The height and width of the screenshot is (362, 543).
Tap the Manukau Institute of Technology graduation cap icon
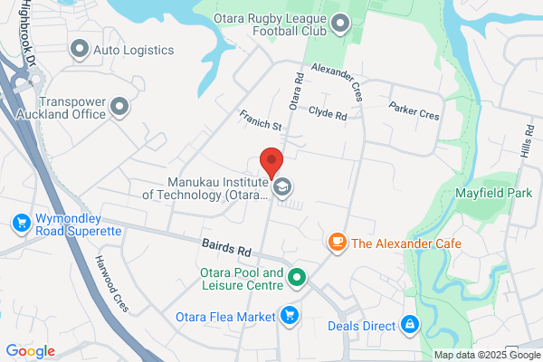283,187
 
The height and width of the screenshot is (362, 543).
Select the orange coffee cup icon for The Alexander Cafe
337,243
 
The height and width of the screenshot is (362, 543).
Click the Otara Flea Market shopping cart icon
290,316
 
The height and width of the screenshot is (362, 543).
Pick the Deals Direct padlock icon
410,323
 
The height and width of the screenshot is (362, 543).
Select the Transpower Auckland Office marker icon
119,110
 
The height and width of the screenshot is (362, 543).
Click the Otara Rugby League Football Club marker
340,24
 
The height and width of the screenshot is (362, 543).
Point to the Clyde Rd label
328,115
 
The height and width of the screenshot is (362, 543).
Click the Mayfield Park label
493,193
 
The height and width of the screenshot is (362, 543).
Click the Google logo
30,351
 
